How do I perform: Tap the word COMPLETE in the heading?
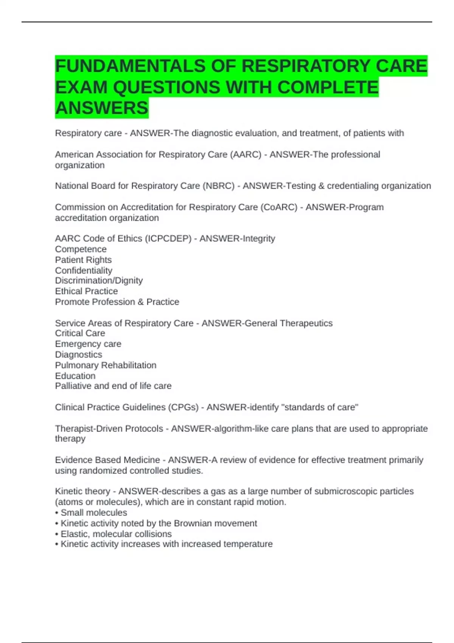pos(328,87)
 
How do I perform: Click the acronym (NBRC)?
pos(218,186)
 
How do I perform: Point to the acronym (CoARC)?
pos(279,207)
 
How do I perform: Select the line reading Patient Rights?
pos(83,260)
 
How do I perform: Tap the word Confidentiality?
pos(84,270)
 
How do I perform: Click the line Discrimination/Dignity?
pos(99,281)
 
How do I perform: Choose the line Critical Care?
pos(80,333)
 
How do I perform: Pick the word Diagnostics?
pos(78,355)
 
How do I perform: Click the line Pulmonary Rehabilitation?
pos(106,365)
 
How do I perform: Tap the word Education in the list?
pos(75,376)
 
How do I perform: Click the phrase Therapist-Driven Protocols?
pos(109,429)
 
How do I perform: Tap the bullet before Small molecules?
pos(57,513)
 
